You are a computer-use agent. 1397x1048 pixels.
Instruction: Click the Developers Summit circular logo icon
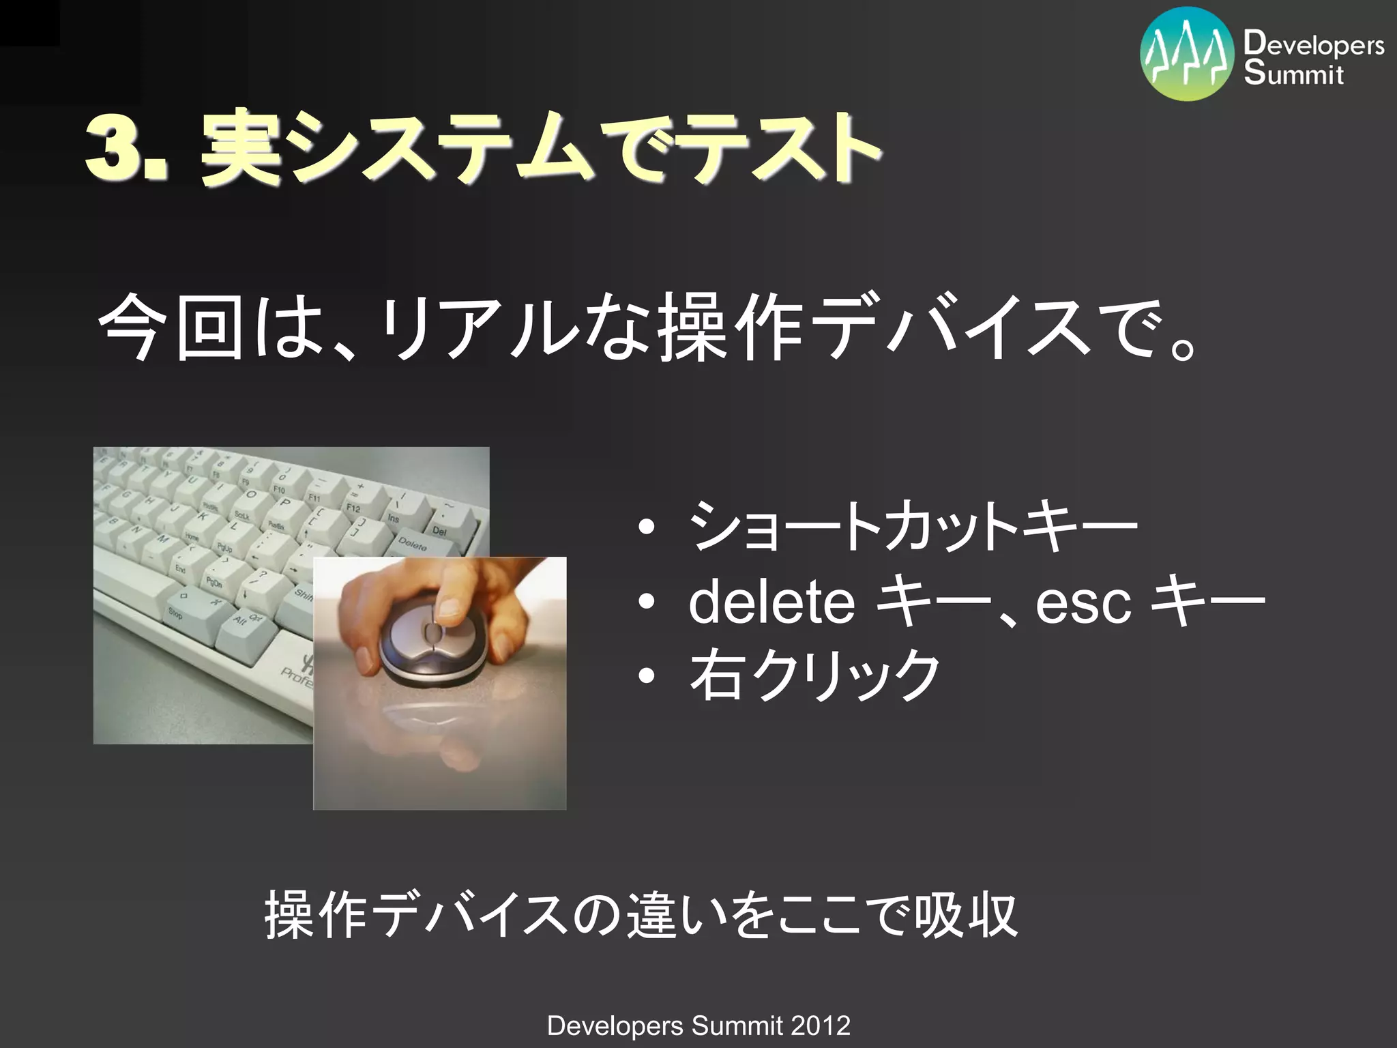pos(1187,54)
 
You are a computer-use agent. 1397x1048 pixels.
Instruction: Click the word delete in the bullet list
pos(771,602)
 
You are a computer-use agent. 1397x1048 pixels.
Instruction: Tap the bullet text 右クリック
pos(815,675)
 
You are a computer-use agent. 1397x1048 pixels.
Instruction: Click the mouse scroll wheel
pos(433,632)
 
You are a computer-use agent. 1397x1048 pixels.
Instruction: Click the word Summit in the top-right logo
pos(1293,73)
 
